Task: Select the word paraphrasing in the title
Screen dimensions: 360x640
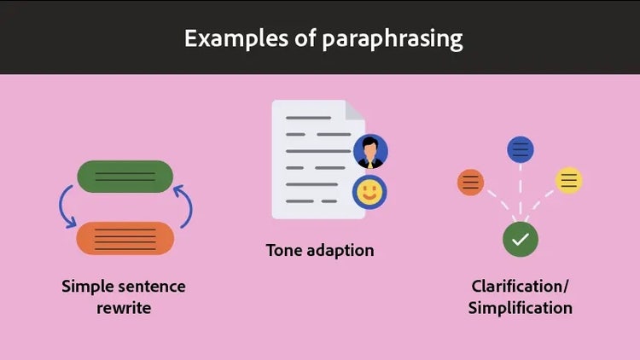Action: (x=393, y=39)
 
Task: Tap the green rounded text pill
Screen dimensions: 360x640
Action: (x=125, y=177)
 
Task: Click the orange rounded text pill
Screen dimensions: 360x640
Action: (x=125, y=238)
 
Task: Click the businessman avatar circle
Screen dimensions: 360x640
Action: (x=370, y=151)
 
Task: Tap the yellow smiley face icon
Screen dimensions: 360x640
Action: (x=369, y=192)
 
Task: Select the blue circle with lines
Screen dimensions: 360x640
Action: (x=521, y=150)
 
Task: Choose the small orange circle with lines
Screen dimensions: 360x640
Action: (x=471, y=182)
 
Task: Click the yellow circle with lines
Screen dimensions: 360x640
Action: (x=569, y=180)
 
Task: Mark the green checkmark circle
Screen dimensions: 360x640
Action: (x=520, y=240)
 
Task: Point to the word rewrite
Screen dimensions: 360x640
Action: (x=124, y=308)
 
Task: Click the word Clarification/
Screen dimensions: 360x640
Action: (x=520, y=287)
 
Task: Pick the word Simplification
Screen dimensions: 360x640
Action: (x=520, y=308)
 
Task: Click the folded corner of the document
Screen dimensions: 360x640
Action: (x=354, y=112)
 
